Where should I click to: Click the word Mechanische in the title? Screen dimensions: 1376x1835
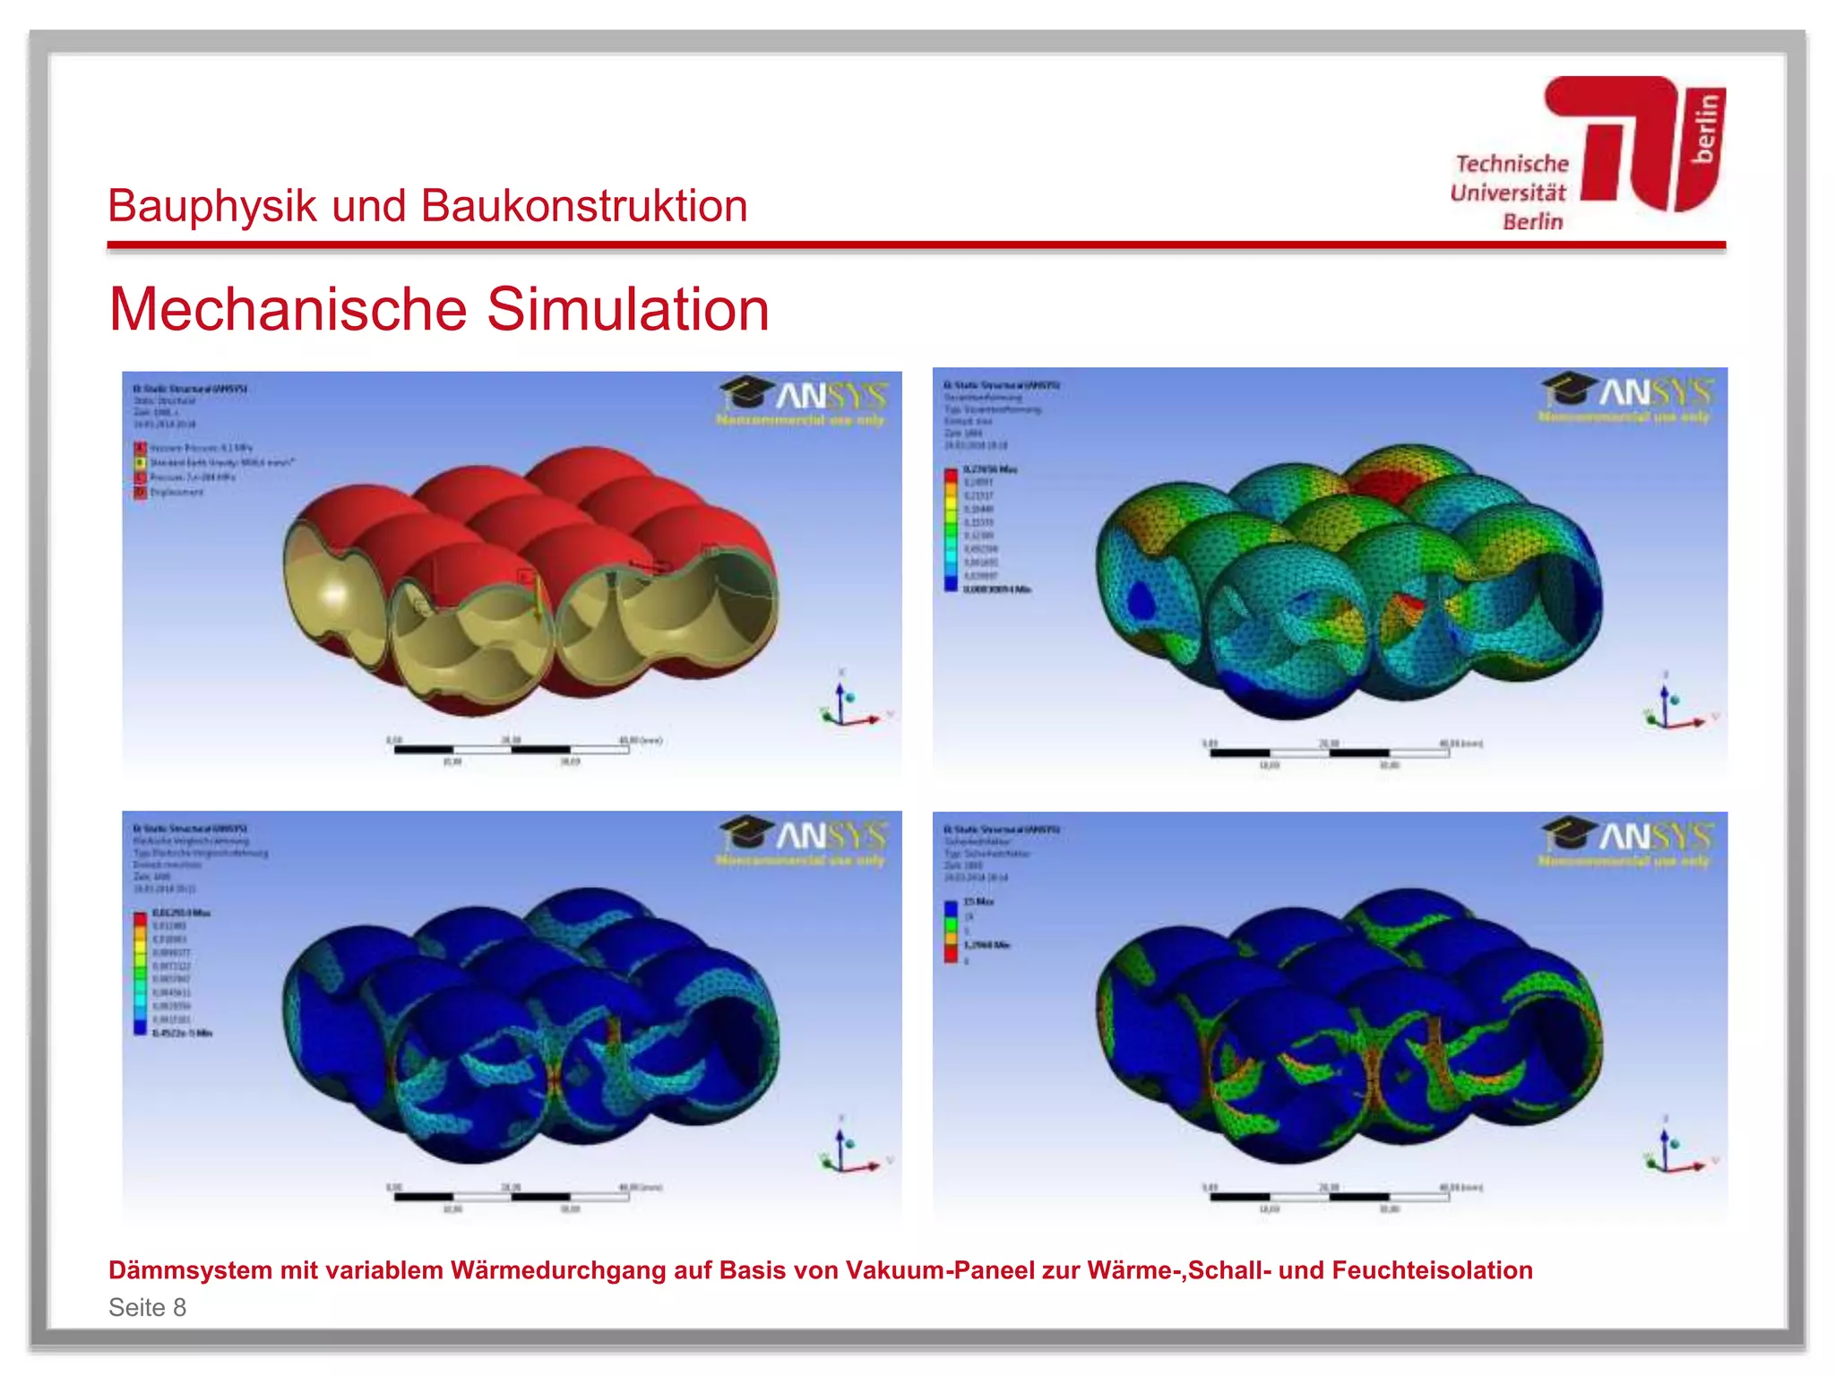pyautogui.click(x=288, y=310)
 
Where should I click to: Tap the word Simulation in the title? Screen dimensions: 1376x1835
pyautogui.click(x=627, y=310)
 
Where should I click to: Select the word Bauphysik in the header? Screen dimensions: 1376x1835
pyautogui.click(x=212, y=206)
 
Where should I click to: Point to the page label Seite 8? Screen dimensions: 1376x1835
pyautogui.click(x=147, y=1307)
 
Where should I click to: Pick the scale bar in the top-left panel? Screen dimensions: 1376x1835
pyautogui.click(x=512, y=749)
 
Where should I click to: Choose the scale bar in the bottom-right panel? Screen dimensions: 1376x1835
pyautogui.click(x=1330, y=1196)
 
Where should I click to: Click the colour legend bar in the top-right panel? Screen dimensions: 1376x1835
pyautogui.click(x=951, y=529)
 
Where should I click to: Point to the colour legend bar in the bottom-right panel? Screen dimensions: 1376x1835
pyautogui.click(x=951, y=932)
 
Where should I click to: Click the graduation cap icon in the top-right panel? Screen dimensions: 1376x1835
pyautogui.click(x=1568, y=389)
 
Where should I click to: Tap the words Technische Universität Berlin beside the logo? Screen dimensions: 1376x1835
pyautogui.click(x=1510, y=193)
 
